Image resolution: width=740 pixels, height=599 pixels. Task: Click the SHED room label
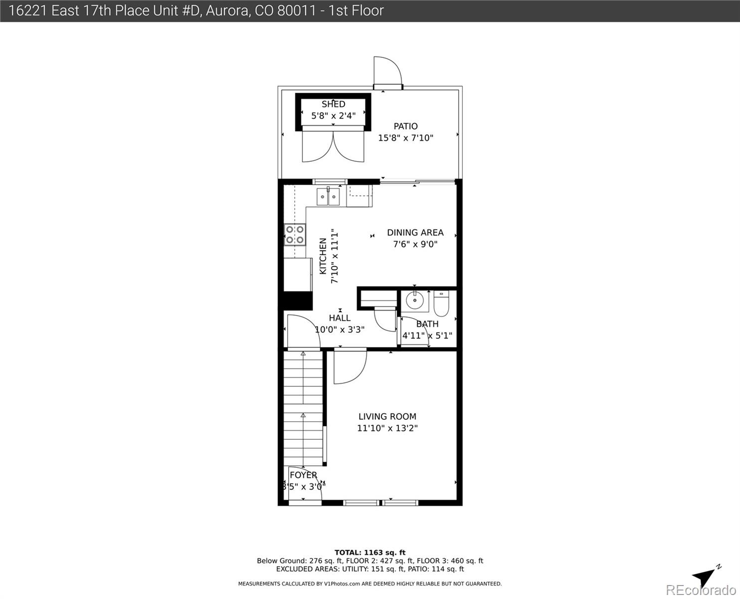(x=333, y=104)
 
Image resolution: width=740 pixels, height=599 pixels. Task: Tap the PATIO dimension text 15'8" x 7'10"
(x=405, y=138)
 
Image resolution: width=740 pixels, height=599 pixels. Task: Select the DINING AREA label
(x=415, y=233)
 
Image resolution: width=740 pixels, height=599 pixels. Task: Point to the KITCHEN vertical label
(x=323, y=256)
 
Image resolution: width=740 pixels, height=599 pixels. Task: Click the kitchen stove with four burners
(x=295, y=235)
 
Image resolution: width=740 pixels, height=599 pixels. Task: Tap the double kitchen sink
(x=328, y=197)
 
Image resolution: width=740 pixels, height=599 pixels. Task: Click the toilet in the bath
(x=442, y=303)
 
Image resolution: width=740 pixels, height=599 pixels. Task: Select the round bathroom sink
(x=414, y=300)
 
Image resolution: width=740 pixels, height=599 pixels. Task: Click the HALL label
(x=340, y=318)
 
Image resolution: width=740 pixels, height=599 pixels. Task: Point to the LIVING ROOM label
(x=387, y=416)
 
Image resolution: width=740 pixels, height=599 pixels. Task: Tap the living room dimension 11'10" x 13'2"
(x=387, y=428)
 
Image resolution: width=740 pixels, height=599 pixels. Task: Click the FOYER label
(x=303, y=475)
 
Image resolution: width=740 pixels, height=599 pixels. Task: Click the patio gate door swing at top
(x=387, y=72)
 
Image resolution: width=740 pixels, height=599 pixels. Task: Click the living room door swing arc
(x=350, y=367)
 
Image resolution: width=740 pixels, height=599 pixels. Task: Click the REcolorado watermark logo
(x=703, y=590)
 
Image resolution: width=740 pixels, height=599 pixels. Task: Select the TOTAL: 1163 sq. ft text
(x=370, y=553)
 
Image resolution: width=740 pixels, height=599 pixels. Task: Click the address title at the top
(x=196, y=10)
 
